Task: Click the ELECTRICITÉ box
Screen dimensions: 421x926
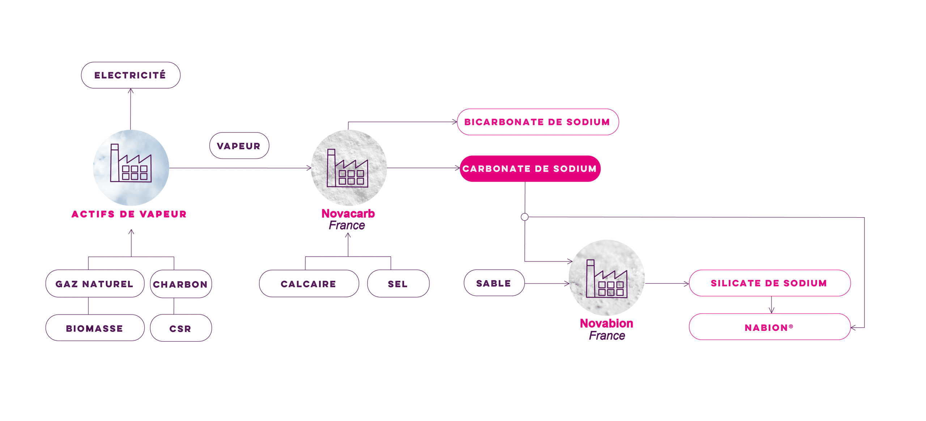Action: (130, 75)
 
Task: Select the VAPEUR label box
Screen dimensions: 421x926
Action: (239, 146)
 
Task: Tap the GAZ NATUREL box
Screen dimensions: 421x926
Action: (95, 284)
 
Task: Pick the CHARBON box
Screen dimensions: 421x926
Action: (180, 284)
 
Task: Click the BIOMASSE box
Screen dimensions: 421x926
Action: (95, 328)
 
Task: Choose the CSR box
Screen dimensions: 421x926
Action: (180, 328)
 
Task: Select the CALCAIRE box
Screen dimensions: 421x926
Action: (309, 284)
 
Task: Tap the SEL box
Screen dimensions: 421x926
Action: (398, 284)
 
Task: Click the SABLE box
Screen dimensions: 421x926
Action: (494, 283)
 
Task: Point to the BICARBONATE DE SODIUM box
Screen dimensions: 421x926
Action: (538, 122)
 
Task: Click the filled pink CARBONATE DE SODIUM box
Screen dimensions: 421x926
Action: (530, 169)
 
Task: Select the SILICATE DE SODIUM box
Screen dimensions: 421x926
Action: (769, 283)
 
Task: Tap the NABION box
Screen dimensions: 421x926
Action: (769, 327)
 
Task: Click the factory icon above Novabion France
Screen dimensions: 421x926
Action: (607, 279)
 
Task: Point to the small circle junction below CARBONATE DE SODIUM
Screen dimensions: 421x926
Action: (524, 217)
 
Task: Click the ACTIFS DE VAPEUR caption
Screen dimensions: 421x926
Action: (129, 214)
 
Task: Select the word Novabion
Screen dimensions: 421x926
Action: (607, 323)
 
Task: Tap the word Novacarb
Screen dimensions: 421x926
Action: (348, 214)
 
